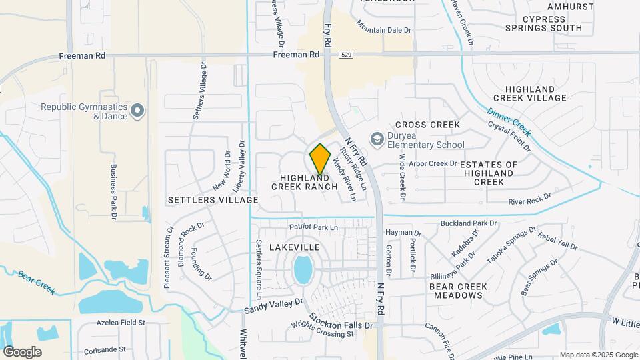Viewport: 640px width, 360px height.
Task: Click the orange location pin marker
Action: pyautogui.click(x=320, y=159)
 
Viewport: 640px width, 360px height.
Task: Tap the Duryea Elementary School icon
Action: pyautogui.click(x=377, y=139)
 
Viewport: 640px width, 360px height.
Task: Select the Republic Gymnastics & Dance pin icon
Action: pyautogui.click(x=138, y=111)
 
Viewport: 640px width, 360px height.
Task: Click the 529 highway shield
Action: pyautogui.click(x=345, y=54)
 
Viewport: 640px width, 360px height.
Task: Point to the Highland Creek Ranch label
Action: pyautogui.click(x=304, y=182)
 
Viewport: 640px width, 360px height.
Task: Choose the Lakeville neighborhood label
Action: pyautogui.click(x=294, y=247)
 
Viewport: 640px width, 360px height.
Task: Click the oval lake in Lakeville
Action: pyautogui.click(x=303, y=270)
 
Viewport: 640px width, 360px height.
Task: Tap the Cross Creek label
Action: pyautogui.click(x=427, y=125)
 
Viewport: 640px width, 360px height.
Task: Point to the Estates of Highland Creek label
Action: pyautogui.click(x=489, y=173)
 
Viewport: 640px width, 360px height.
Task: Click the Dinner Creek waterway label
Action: pyautogui.click(x=509, y=122)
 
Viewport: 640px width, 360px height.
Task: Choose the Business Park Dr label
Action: pyautogui.click(x=113, y=192)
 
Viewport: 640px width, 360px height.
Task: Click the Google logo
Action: pyautogui.click(x=22, y=351)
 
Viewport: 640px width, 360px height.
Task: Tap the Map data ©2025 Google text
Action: pyautogui.click(x=598, y=355)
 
